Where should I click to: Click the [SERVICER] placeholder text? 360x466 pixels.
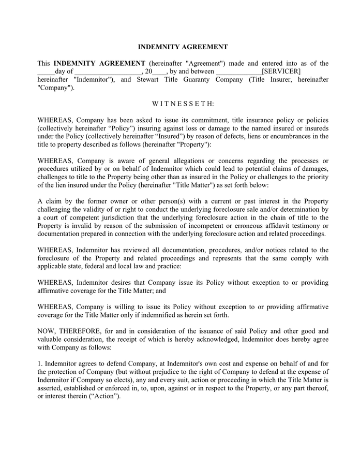coord(281,71)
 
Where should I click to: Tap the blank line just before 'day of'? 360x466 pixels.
coord(46,71)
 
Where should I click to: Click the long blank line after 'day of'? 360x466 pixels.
coord(108,71)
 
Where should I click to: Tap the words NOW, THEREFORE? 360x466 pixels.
coord(62,330)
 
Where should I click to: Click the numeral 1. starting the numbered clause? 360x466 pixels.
coord(40,364)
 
